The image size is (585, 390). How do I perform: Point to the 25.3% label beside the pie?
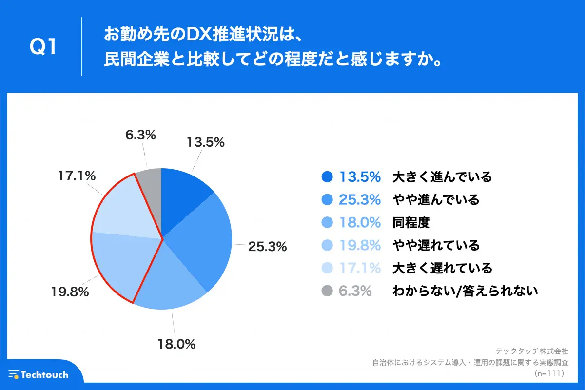coord(267,247)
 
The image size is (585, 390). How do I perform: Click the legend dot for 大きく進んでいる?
coord(328,176)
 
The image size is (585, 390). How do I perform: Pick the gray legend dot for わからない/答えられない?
coord(328,291)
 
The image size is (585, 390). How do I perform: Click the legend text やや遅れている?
coord(436,245)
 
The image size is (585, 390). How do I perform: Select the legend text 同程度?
coord(411,222)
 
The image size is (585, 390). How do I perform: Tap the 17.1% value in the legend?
coord(360,268)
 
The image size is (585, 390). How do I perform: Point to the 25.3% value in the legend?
coord(360,199)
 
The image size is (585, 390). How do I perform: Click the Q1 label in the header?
coord(43,47)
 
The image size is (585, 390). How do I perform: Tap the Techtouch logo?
coord(39,374)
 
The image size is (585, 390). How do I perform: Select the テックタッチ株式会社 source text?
coord(532,351)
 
